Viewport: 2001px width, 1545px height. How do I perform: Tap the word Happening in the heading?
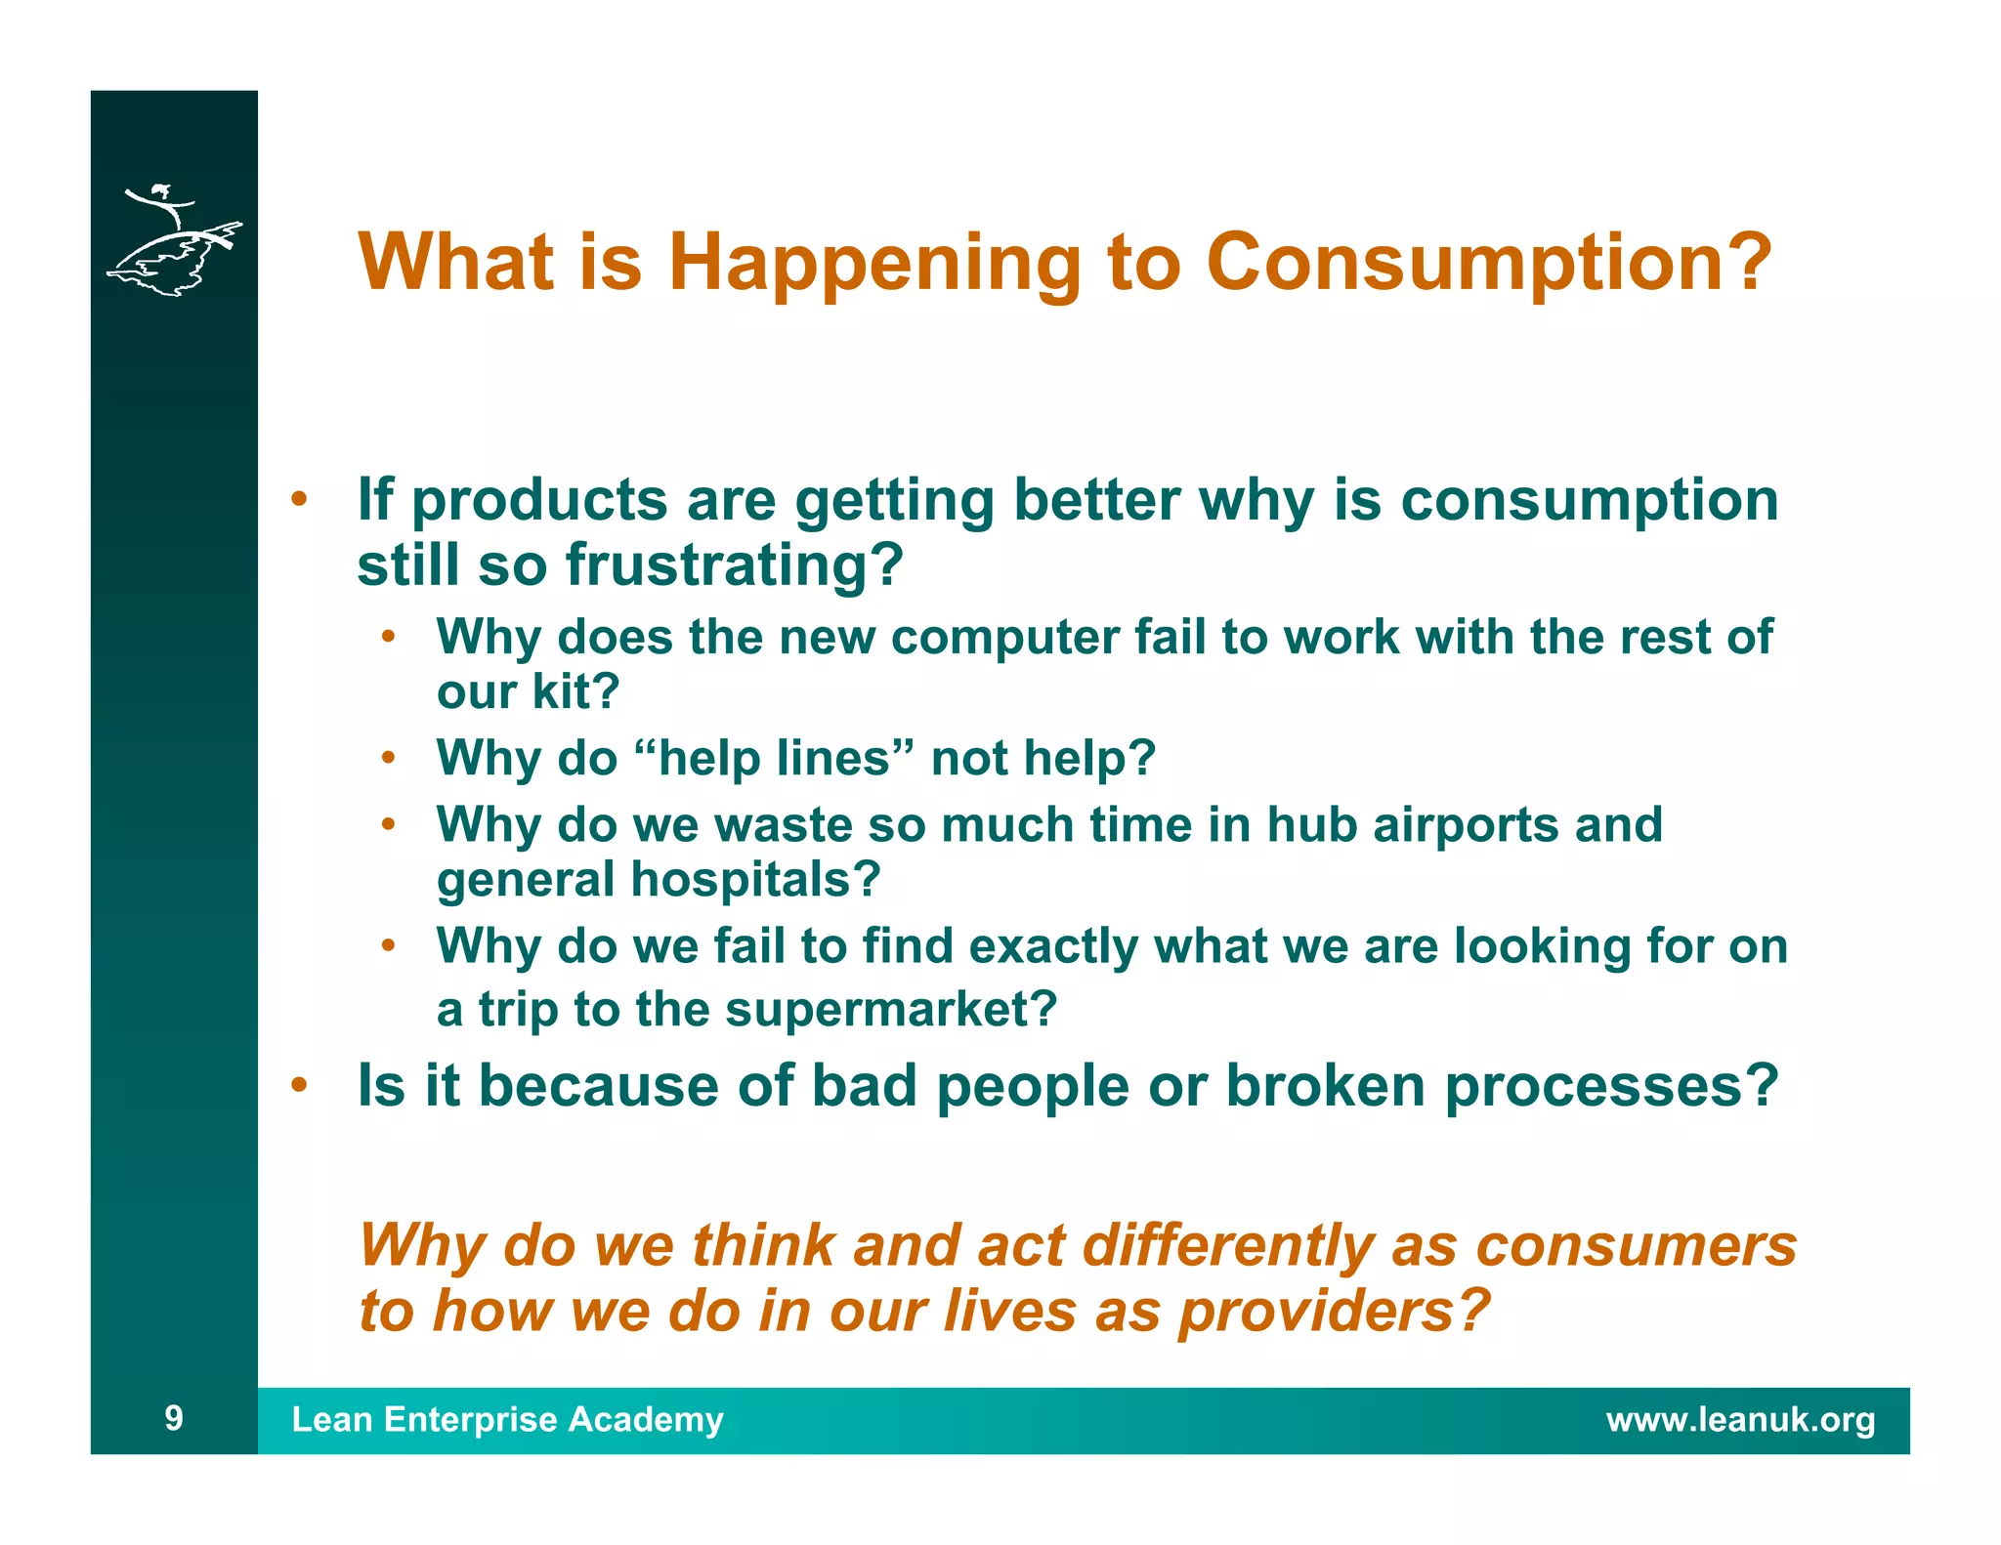coord(874,264)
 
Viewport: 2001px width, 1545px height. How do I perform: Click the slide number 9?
coord(174,1418)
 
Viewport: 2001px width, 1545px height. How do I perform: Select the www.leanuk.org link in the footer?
coord(1740,1419)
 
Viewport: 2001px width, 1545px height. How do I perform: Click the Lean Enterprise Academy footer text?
coord(507,1419)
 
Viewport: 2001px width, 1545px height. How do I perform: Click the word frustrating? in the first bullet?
coord(734,565)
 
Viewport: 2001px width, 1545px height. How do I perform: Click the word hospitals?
coord(755,880)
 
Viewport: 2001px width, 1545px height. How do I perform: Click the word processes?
coord(1611,1087)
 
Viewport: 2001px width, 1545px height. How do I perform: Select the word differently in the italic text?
coord(1227,1247)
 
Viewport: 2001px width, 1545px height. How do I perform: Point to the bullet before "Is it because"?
coord(300,1085)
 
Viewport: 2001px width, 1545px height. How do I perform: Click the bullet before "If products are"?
coord(300,499)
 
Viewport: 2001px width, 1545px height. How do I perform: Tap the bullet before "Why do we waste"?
coord(388,824)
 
